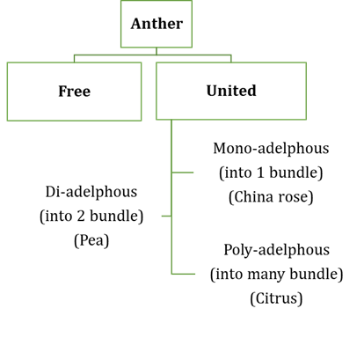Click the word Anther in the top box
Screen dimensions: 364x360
pyautogui.click(x=157, y=24)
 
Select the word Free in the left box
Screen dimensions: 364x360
pyautogui.click(x=75, y=91)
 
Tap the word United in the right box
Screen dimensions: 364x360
pyautogui.click(x=231, y=91)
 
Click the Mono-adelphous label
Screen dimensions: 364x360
pyautogui.click(x=271, y=148)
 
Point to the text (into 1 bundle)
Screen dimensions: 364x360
pyautogui.click(x=271, y=173)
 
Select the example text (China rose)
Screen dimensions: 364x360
pyautogui.click(x=271, y=197)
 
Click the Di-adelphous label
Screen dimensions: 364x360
pyautogui.click(x=91, y=192)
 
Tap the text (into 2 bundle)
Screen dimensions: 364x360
pyautogui.click(x=91, y=217)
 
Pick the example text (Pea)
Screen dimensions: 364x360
pyautogui.click(x=91, y=240)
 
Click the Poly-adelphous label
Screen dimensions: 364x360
pyautogui.click(x=277, y=250)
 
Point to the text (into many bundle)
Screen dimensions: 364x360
pyautogui.click(x=277, y=275)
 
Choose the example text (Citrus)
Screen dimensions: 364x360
pyautogui.click(x=276, y=298)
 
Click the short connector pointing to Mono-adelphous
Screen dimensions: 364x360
pyautogui.click(x=183, y=173)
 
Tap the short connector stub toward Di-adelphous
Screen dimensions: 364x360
pyautogui.click(x=166, y=217)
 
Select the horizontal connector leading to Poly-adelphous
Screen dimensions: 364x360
pyautogui.click(x=184, y=274)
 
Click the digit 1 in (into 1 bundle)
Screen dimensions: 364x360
pyautogui.click(x=260, y=173)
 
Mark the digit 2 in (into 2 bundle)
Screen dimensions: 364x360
pyautogui.click(x=81, y=217)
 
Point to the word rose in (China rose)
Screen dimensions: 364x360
pyautogui.click(x=293, y=197)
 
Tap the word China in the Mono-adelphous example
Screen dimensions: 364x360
pyautogui.click(x=254, y=197)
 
